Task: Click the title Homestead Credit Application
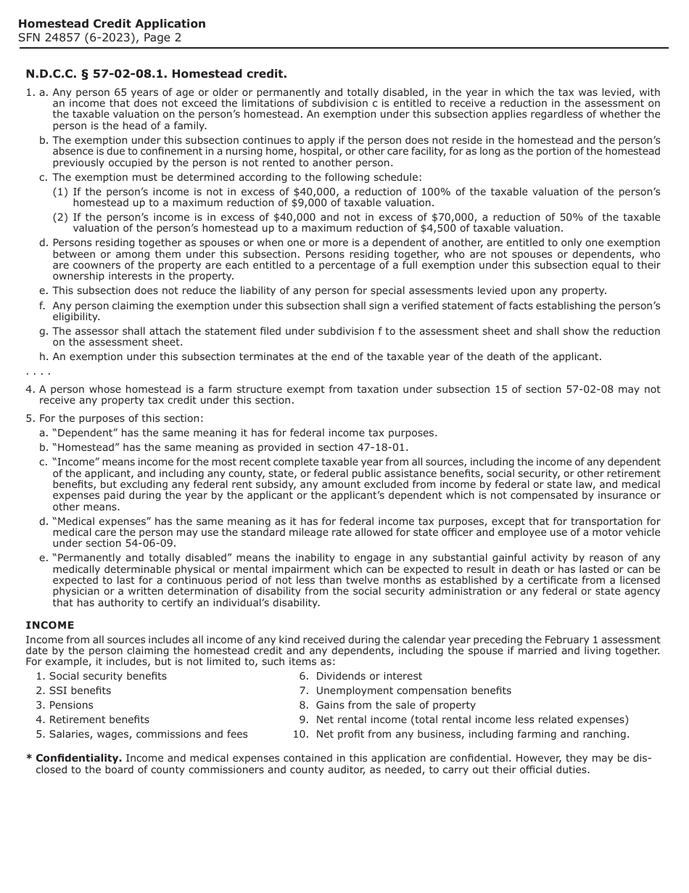(x=112, y=24)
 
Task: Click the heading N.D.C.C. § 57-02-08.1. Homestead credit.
(x=156, y=74)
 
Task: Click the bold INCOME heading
(x=49, y=625)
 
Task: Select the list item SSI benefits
(x=80, y=690)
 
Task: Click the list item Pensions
(x=71, y=705)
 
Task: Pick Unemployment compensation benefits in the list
(x=413, y=690)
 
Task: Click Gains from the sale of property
(x=395, y=705)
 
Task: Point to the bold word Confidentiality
(x=78, y=758)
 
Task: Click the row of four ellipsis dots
(x=38, y=372)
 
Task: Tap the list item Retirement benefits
(x=99, y=719)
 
